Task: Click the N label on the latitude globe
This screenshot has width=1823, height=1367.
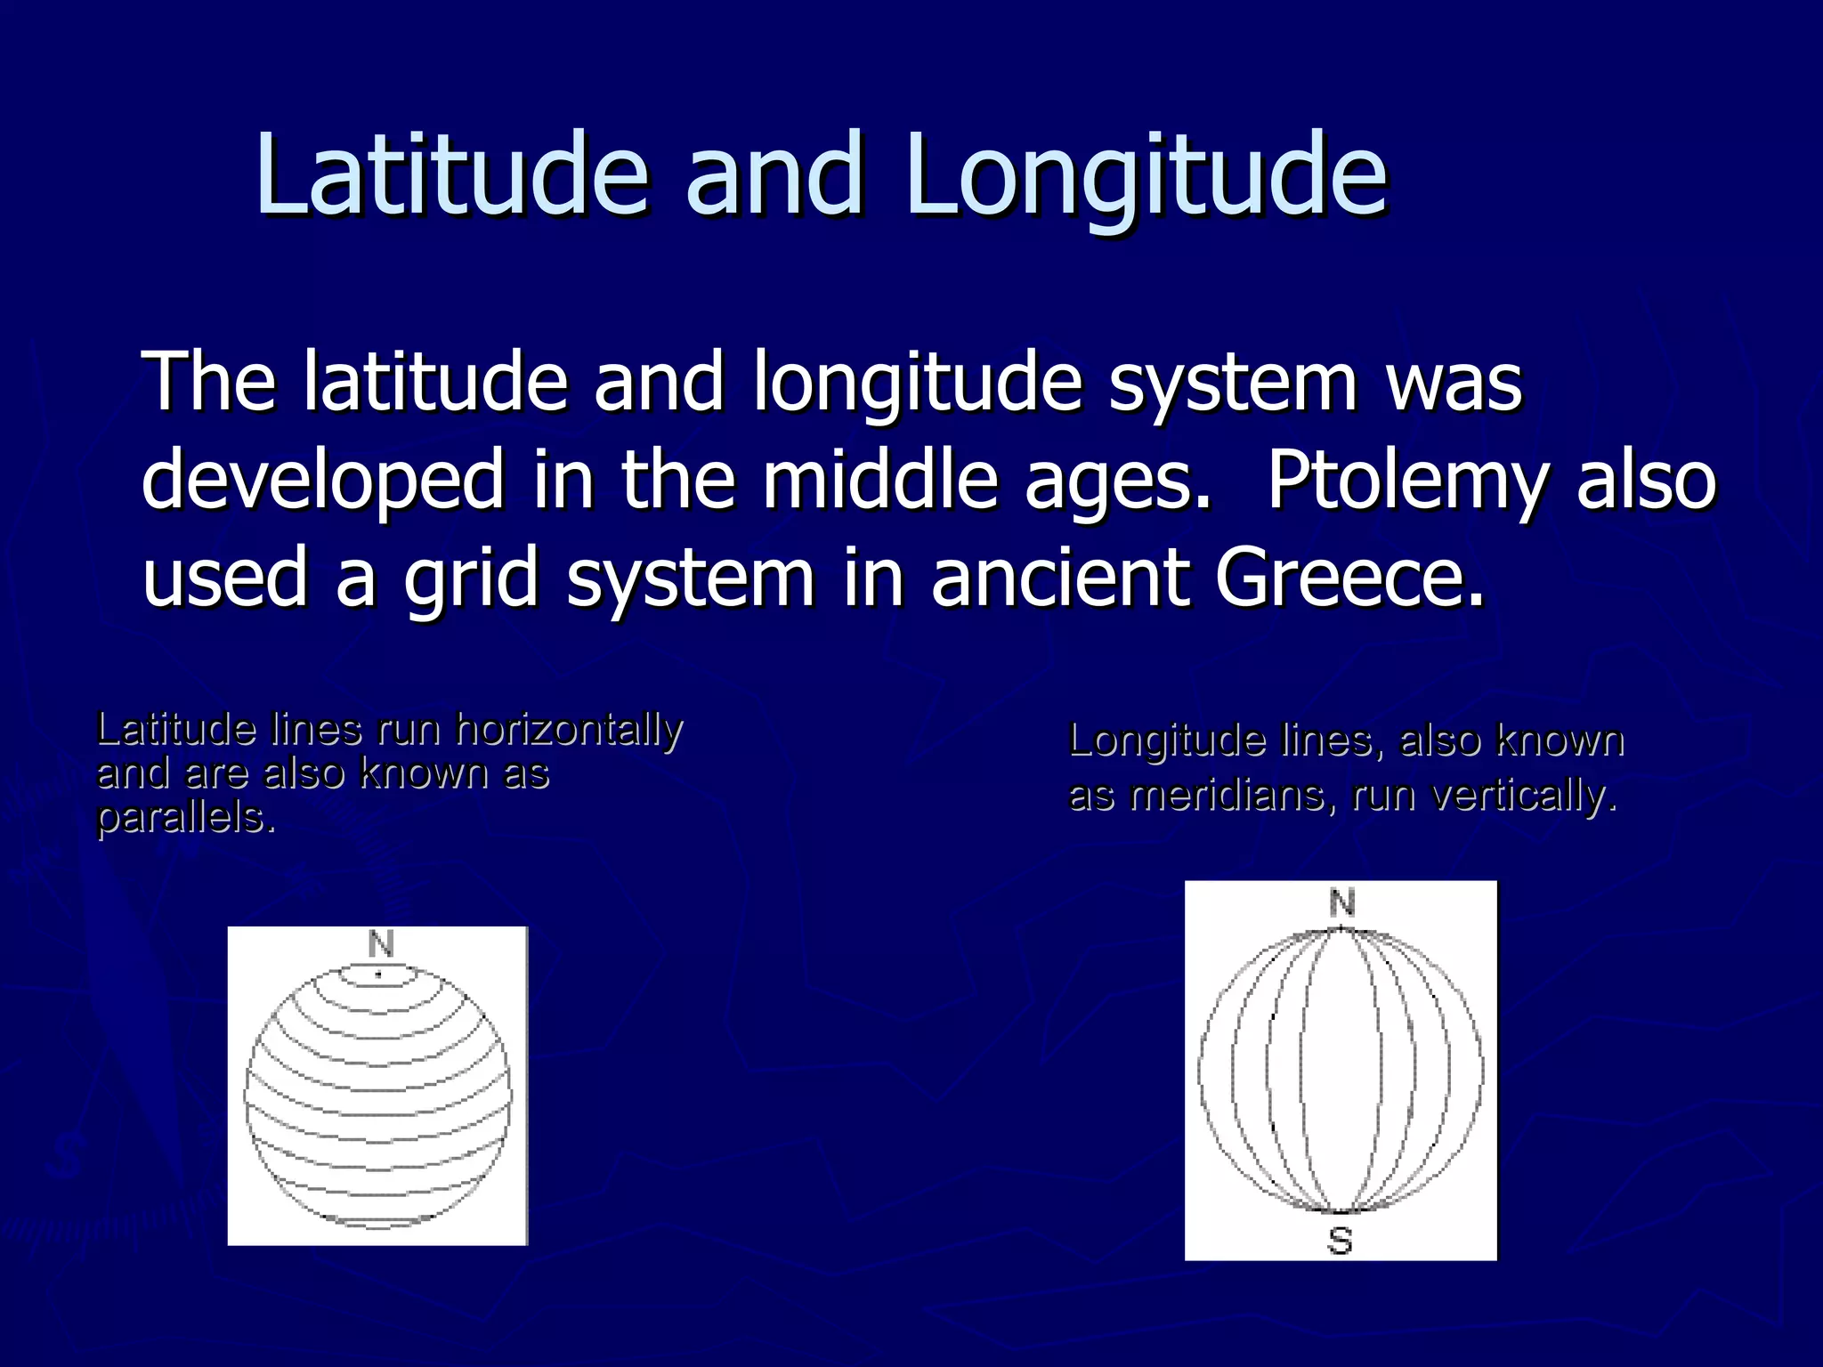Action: pos(380,944)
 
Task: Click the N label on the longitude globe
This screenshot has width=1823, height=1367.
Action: pos(1341,904)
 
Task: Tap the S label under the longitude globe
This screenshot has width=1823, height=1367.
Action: pos(1340,1241)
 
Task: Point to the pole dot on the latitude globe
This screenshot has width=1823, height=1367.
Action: pos(378,975)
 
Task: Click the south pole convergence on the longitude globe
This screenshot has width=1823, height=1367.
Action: pos(1341,1211)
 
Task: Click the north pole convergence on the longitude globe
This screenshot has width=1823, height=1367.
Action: pos(1341,930)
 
